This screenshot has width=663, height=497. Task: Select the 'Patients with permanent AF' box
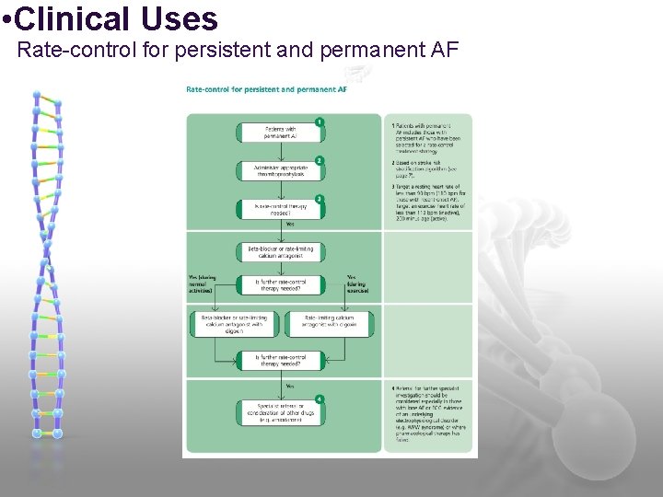coord(281,132)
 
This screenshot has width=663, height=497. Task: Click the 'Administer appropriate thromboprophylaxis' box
coord(281,171)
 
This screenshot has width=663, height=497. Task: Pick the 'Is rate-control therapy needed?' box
coord(281,210)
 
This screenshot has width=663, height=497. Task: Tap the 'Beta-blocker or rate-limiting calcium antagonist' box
coord(281,250)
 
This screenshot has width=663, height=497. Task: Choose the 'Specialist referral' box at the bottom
coord(281,411)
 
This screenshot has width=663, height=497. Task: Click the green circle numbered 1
coord(319,121)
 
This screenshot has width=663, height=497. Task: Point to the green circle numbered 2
coord(319,160)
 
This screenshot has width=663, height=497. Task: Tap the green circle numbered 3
coord(319,199)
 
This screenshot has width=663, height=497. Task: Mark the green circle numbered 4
coord(319,399)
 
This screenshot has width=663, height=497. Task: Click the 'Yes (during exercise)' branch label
coord(358,283)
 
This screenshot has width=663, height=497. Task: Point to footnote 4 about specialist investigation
coord(429,414)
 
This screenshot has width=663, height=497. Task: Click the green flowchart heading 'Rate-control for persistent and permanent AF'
coord(266,89)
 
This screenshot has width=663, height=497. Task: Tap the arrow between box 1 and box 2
coord(281,149)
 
